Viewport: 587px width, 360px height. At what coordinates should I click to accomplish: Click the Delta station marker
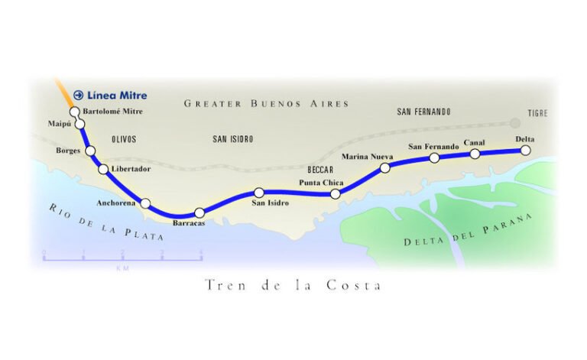(x=525, y=151)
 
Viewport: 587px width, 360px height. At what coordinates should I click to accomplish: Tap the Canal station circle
(x=475, y=154)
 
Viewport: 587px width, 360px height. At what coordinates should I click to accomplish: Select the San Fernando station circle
(x=434, y=158)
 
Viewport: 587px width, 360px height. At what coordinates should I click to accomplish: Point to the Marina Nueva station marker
(x=385, y=168)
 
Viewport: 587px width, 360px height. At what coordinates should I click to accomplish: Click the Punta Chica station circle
(x=335, y=194)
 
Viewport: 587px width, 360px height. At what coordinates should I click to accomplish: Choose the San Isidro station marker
(x=259, y=193)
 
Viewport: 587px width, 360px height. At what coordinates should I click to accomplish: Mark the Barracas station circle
(x=199, y=212)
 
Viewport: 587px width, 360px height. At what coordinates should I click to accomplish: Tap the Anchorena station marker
(x=146, y=203)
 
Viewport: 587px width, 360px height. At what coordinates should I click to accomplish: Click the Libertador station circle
(x=104, y=169)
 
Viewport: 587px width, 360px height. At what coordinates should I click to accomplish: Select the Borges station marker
(x=90, y=151)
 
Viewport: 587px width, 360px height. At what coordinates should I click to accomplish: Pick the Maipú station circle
(x=79, y=123)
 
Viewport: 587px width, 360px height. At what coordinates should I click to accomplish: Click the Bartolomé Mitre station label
(x=112, y=112)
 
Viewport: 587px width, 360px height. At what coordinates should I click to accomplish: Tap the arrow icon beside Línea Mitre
(x=78, y=96)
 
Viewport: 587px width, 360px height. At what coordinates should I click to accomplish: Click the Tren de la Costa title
(x=293, y=285)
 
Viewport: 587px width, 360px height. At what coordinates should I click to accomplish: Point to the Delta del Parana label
(x=467, y=232)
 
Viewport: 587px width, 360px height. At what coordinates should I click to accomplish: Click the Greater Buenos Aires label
(x=266, y=103)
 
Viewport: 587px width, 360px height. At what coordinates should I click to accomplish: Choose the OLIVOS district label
(x=124, y=140)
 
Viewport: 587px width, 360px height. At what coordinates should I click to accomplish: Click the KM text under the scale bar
(x=122, y=268)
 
